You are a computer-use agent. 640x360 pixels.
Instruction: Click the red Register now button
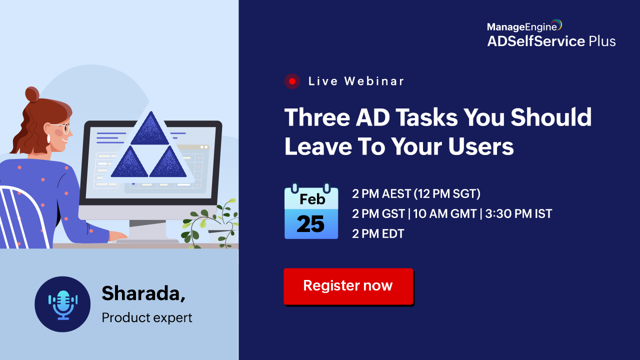[x=348, y=286]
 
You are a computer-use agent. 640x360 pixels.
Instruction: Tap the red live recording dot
[x=292, y=81]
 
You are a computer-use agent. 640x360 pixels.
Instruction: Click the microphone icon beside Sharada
[x=63, y=304]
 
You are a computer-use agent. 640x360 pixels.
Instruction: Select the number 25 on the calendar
[x=310, y=223]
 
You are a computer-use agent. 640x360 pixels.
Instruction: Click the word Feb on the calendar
[x=312, y=199]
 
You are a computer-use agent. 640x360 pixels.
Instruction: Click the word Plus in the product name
[x=602, y=41]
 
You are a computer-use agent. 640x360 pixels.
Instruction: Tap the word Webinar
[x=374, y=81]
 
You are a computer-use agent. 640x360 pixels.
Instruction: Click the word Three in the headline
[x=317, y=117]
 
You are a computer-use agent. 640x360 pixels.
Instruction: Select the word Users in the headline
[x=481, y=146]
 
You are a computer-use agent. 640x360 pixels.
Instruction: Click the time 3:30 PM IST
[x=518, y=213]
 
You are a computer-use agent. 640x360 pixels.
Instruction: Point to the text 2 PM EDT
[x=378, y=233]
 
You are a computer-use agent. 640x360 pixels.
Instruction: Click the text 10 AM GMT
[x=445, y=213]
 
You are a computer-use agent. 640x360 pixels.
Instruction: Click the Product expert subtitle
[x=147, y=317]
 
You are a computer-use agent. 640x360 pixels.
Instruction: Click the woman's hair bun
[x=32, y=94]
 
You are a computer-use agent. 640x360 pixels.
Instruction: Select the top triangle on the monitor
[x=150, y=129]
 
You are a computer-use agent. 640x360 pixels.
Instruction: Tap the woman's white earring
[x=48, y=138]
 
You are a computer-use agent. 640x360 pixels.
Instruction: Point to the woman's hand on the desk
[x=117, y=235]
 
